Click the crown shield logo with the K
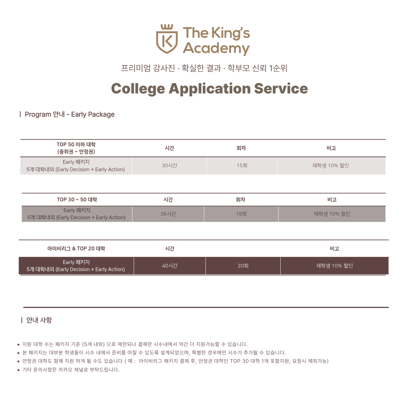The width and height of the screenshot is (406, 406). click(167, 39)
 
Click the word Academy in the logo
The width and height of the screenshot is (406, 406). click(216, 48)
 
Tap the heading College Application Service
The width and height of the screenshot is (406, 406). click(209, 89)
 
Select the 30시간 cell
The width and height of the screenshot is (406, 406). click(169, 166)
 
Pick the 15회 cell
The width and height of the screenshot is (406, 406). click(242, 166)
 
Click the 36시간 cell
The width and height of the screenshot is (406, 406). click(168, 214)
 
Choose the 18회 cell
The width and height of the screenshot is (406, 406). click(241, 214)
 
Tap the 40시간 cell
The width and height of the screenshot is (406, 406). click(170, 266)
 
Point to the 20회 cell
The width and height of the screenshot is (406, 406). click(243, 266)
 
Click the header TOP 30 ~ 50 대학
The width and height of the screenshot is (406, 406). click(77, 200)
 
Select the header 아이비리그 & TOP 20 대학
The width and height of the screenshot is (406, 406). click(76, 249)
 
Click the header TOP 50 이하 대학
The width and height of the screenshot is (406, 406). click(76, 145)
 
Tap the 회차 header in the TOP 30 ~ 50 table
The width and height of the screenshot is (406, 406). click(241, 200)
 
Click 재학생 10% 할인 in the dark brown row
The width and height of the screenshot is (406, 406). click(334, 266)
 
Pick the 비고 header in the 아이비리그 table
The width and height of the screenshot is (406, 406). click(334, 249)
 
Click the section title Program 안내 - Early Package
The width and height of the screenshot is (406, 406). click(70, 114)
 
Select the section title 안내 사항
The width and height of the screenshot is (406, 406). click(39, 320)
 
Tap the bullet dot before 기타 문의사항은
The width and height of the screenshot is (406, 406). click(18, 370)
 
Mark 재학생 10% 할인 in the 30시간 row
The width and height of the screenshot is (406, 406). click(331, 166)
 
